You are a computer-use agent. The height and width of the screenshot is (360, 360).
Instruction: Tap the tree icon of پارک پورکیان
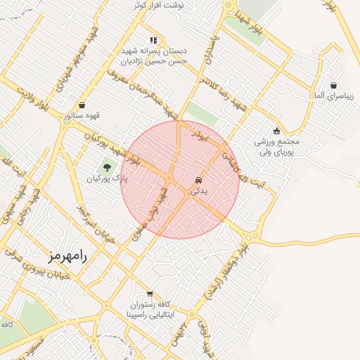[107, 167]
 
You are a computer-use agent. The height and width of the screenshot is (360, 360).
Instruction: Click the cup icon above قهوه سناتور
[83, 105]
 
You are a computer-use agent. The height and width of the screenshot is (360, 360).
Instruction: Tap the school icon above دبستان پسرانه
[153, 40]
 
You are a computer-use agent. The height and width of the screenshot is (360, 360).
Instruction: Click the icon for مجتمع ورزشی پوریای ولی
[276, 130]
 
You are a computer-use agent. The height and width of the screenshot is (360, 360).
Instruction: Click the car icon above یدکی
[198, 179]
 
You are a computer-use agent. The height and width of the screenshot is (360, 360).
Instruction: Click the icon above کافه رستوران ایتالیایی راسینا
[149, 293]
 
